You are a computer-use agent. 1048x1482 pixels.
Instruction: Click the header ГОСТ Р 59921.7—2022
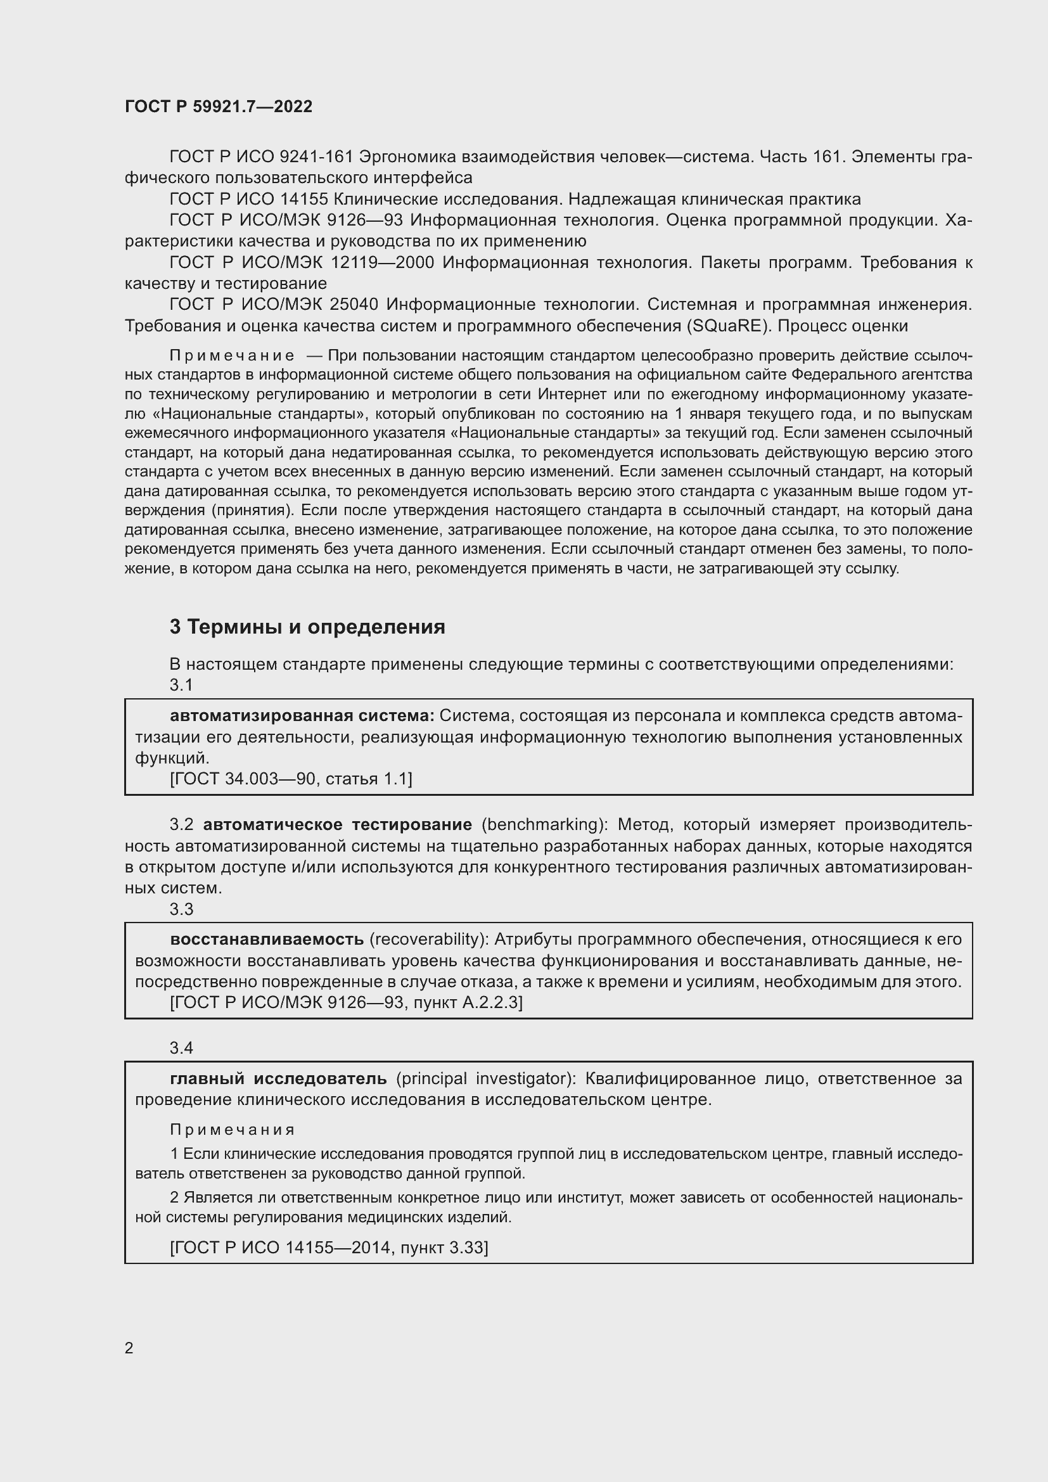(218, 106)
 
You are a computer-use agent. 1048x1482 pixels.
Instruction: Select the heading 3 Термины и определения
(307, 627)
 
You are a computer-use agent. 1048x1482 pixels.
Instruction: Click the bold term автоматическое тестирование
(338, 824)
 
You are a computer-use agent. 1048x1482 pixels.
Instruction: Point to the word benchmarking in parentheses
(540, 824)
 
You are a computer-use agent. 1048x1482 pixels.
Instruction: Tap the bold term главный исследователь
(278, 1078)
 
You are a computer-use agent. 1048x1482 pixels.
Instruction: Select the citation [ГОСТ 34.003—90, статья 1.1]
(291, 779)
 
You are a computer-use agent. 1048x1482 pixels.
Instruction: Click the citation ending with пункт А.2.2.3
(347, 1002)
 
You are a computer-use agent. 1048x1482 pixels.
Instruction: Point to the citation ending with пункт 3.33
(329, 1248)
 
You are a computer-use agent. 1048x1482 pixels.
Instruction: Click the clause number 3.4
(181, 1048)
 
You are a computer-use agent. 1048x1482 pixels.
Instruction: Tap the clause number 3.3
(181, 909)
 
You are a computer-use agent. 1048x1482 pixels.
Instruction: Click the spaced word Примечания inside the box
(233, 1130)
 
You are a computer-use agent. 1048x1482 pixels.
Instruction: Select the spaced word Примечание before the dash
(233, 355)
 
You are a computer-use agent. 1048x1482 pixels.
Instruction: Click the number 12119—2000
(382, 263)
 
